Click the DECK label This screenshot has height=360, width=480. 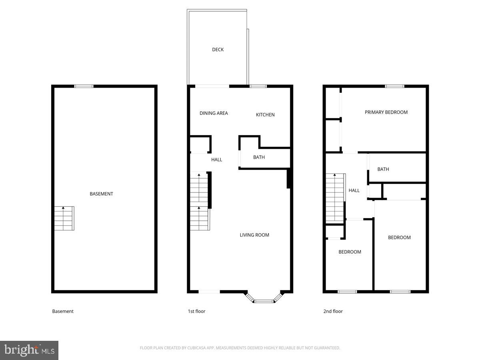(218, 50)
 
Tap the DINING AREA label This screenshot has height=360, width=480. (214, 113)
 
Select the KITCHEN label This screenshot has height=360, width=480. (265, 115)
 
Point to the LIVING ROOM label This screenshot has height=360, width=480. (254, 235)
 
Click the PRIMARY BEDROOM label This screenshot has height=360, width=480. (386, 112)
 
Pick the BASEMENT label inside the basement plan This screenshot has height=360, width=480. (101, 194)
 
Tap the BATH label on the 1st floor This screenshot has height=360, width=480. (259, 157)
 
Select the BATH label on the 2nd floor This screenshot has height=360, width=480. (383, 169)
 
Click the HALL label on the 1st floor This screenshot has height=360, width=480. (216, 160)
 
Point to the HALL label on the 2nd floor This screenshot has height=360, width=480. (354, 190)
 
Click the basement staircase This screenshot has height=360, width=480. (64, 218)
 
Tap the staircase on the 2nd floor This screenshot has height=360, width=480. (335, 198)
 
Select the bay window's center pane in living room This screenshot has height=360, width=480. (264, 301)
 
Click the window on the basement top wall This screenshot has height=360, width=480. (84, 86)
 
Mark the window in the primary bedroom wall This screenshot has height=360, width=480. (394, 86)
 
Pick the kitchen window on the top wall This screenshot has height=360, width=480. (258, 86)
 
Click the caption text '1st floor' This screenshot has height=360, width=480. (196, 311)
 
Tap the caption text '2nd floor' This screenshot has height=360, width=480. (333, 311)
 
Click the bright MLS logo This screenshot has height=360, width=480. (29, 350)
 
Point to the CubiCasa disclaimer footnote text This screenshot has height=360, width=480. (240, 348)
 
